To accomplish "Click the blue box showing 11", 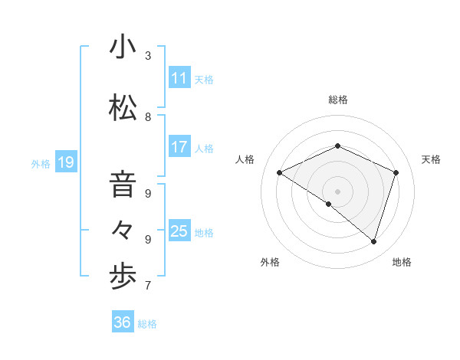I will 179,78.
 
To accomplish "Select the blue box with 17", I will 179,147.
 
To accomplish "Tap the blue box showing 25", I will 179,231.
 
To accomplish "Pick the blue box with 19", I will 65,162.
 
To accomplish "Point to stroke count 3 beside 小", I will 148,56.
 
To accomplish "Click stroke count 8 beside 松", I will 148,117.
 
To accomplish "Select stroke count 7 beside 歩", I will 148,286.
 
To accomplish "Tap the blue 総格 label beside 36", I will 147,324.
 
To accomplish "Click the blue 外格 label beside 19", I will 41,163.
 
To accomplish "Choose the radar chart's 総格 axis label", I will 337,100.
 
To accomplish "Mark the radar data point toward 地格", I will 373,241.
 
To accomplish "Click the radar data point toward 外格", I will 329,204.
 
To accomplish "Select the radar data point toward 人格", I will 280,173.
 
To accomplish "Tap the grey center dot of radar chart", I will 337,191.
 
